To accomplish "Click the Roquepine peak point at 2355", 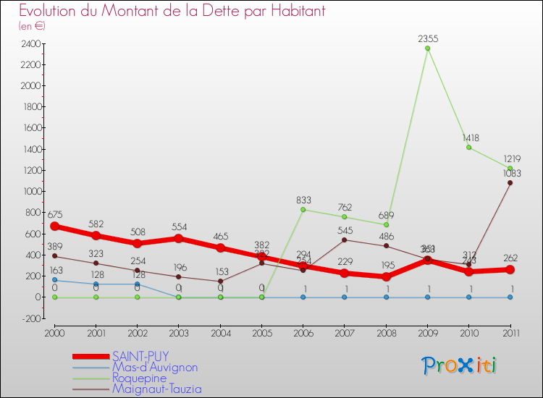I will point(427,48).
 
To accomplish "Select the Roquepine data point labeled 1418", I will point(469,148).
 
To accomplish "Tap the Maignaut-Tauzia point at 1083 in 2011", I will point(510,182).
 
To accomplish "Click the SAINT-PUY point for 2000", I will point(54,226).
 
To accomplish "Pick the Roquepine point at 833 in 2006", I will point(303,209).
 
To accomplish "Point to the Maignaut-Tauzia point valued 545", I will point(345,240).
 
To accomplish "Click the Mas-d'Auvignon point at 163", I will point(54,280).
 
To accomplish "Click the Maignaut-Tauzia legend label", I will point(156,389).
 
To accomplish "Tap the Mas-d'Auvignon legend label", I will point(154,367).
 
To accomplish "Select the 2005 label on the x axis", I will point(261,332).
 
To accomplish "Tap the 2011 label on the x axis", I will point(510,332).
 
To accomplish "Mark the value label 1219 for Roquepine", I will point(510,158).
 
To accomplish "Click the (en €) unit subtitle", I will point(32,26).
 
